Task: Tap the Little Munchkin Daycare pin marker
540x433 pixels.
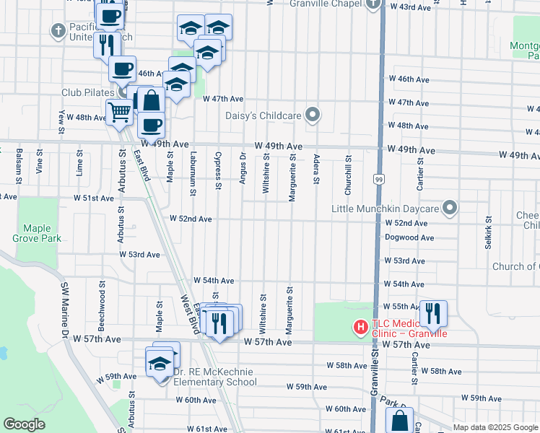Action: [450, 209]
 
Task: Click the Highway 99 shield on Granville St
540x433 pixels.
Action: [378, 178]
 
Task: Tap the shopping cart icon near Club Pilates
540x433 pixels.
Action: [119, 112]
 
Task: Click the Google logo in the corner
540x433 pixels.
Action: [25, 424]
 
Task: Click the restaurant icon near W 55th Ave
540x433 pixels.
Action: [432, 312]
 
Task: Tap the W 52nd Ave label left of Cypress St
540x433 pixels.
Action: [191, 219]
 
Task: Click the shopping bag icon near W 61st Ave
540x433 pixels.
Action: [399, 421]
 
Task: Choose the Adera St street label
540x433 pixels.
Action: [316, 168]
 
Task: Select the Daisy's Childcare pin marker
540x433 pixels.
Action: [313, 114]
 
